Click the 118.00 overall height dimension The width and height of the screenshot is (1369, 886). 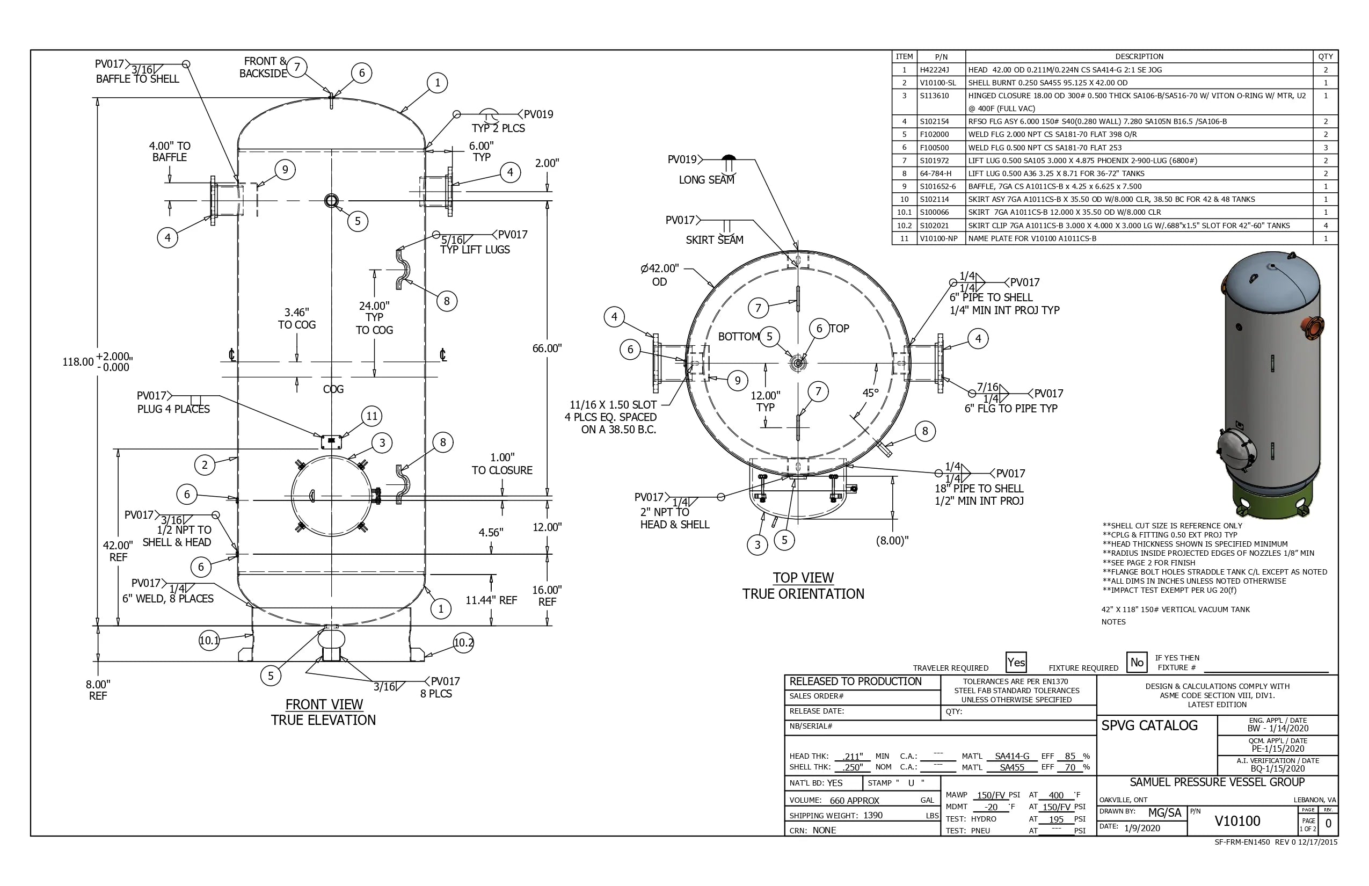point(78,362)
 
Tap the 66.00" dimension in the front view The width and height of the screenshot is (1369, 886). point(547,348)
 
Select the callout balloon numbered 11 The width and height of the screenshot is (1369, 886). point(372,416)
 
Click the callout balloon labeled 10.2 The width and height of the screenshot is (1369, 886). point(464,643)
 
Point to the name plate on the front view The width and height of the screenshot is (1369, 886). point(331,442)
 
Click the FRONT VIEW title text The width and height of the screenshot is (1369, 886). point(324,705)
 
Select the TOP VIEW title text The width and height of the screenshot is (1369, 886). point(803,578)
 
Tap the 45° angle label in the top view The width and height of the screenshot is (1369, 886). point(870,393)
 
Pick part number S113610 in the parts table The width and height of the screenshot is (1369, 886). point(934,96)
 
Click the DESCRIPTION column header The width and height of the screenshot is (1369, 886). point(1139,56)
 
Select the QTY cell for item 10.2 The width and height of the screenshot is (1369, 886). point(1326,226)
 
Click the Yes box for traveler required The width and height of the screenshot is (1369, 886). point(1016,662)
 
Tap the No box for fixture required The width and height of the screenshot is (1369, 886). point(1137,662)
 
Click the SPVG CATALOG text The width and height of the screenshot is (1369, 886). point(1149,725)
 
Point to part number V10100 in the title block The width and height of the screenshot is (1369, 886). point(1237,821)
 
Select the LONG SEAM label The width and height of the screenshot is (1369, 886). point(707,179)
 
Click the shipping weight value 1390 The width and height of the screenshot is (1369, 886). point(872,815)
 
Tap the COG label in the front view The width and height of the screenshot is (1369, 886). point(333,389)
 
